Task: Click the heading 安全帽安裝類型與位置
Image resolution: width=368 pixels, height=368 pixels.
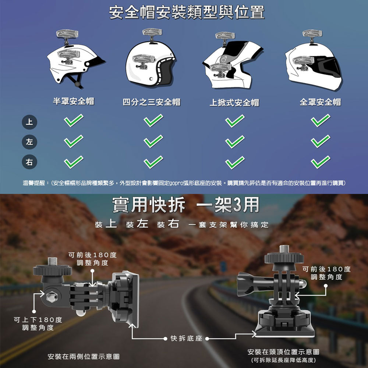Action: [x=187, y=12]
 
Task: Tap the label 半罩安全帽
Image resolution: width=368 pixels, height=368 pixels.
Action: [x=74, y=101]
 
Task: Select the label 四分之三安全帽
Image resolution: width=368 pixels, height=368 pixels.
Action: [x=152, y=102]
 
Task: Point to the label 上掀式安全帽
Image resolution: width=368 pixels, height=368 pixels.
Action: [x=234, y=103]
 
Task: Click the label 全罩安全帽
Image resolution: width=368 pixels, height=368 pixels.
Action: [x=321, y=102]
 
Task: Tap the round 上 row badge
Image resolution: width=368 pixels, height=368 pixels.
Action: [x=29, y=122]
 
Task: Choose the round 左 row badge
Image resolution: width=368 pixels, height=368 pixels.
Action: [x=29, y=142]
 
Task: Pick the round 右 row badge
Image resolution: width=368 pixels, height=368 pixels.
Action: [x=29, y=162]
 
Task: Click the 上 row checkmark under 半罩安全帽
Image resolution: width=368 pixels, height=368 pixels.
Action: [x=74, y=120]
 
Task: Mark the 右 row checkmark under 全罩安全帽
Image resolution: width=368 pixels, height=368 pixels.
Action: [x=321, y=162]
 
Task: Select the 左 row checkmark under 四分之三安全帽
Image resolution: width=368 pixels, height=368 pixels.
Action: [x=153, y=141]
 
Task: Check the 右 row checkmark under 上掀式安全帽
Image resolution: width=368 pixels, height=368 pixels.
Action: [x=235, y=162]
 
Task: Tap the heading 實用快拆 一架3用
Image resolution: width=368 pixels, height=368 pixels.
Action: [x=185, y=205]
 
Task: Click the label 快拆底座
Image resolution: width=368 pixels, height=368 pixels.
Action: [x=186, y=338]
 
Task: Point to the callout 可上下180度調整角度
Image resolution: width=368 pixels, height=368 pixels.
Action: [x=38, y=323]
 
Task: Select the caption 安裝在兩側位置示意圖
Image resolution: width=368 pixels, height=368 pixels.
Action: [x=84, y=357]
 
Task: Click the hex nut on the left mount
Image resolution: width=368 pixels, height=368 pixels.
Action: [x=52, y=297]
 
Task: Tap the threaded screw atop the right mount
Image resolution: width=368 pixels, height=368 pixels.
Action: [x=284, y=249]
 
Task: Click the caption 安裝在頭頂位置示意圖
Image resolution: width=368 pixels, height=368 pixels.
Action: [x=283, y=352]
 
